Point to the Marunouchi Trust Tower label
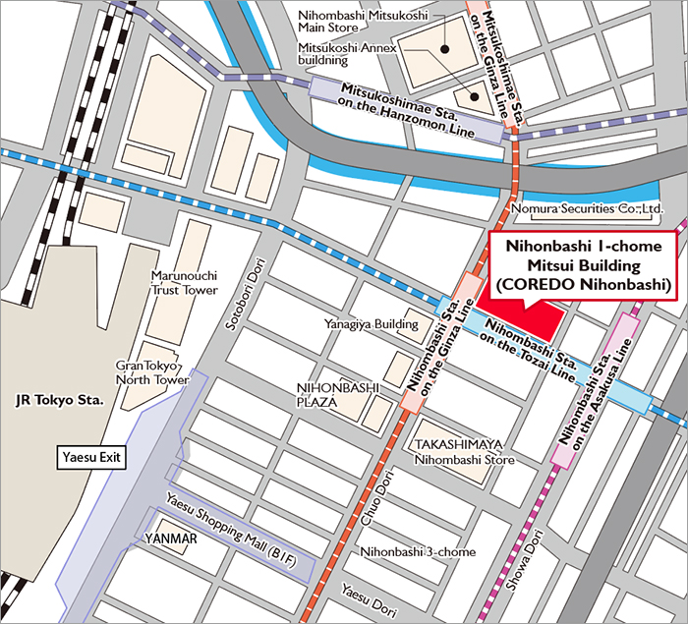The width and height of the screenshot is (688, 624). click(x=184, y=283)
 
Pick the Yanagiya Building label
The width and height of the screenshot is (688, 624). click(x=372, y=323)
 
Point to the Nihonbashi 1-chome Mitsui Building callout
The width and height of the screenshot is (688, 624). click(x=583, y=265)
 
